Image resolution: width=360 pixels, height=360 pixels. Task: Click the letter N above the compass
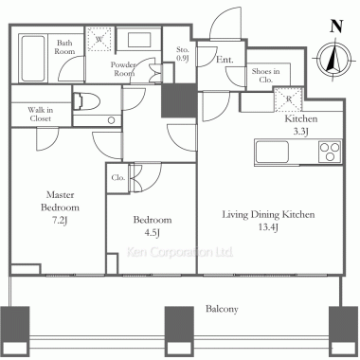point(336,27)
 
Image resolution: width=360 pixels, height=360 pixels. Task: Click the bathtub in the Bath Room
point(33,58)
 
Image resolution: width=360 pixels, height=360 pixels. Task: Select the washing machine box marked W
point(99,39)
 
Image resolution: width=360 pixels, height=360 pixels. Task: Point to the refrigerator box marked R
point(288,99)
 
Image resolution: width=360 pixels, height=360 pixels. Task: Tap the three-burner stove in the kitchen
point(330,152)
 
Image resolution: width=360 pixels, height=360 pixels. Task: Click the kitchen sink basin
point(272,152)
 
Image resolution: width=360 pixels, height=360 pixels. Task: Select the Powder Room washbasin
point(139,39)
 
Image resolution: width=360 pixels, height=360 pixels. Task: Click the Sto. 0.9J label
point(183,54)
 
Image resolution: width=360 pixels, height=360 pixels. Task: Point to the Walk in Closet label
point(41,114)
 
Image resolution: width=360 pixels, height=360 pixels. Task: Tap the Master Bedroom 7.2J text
point(60,207)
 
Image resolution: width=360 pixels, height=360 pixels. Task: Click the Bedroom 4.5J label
point(153,225)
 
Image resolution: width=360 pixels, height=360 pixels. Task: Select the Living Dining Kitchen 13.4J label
point(268,221)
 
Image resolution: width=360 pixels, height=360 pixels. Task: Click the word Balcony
point(222,309)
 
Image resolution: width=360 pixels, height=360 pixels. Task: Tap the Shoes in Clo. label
point(265,76)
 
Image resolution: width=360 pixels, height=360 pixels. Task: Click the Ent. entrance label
point(225,60)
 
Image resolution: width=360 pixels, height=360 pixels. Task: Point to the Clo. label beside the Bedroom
point(118,178)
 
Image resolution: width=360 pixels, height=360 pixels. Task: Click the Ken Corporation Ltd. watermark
point(180,252)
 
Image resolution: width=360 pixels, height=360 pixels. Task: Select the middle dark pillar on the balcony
point(179,331)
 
